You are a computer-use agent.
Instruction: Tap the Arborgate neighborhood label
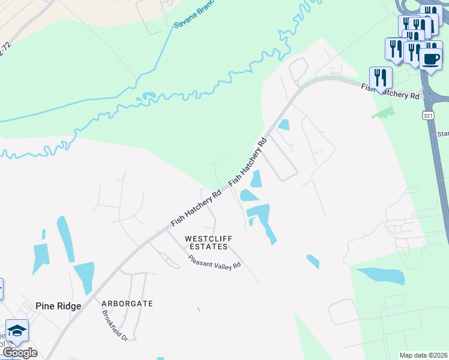click(x=127, y=304)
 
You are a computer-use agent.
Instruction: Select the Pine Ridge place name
click(x=58, y=306)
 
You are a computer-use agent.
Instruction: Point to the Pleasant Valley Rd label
click(x=214, y=262)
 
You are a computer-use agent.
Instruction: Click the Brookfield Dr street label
click(x=115, y=326)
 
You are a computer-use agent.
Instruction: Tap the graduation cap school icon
click(x=17, y=331)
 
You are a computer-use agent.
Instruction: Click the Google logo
click(x=20, y=353)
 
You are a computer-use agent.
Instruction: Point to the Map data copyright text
click(x=424, y=355)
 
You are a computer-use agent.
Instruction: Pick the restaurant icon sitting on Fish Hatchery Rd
click(x=380, y=77)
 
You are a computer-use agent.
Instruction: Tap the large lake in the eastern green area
click(x=381, y=275)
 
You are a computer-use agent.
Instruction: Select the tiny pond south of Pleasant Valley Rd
click(x=198, y=310)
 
